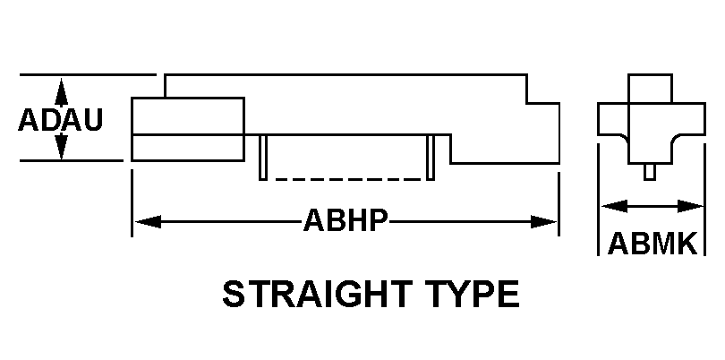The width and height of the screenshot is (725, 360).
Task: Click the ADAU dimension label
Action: (x=60, y=120)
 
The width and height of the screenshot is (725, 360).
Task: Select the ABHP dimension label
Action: (x=345, y=220)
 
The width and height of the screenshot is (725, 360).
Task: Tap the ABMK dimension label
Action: (x=652, y=244)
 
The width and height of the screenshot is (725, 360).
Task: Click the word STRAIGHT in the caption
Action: (x=318, y=295)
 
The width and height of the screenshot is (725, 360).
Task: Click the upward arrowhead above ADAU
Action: (x=61, y=91)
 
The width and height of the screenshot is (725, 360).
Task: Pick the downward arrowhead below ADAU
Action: (x=61, y=147)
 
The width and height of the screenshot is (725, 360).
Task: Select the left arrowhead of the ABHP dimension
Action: (x=148, y=222)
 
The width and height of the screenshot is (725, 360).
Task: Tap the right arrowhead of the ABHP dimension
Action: (x=544, y=222)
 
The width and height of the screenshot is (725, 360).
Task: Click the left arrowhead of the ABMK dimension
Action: (x=615, y=206)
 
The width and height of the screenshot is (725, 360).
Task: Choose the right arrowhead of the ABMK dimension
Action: (x=690, y=206)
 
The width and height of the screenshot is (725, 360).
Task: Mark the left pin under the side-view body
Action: (x=262, y=158)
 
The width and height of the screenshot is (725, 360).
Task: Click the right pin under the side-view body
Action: (x=431, y=158)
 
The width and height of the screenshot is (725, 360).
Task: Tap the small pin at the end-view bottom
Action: (x=650, y=172)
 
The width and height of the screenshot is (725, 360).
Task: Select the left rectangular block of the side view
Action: (x=188, y=130)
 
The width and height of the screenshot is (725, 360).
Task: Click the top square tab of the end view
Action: (x=650, y=89)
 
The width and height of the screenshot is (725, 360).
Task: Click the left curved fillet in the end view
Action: (x=622, y=139)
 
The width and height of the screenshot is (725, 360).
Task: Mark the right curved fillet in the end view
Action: (x=678, y=139)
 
